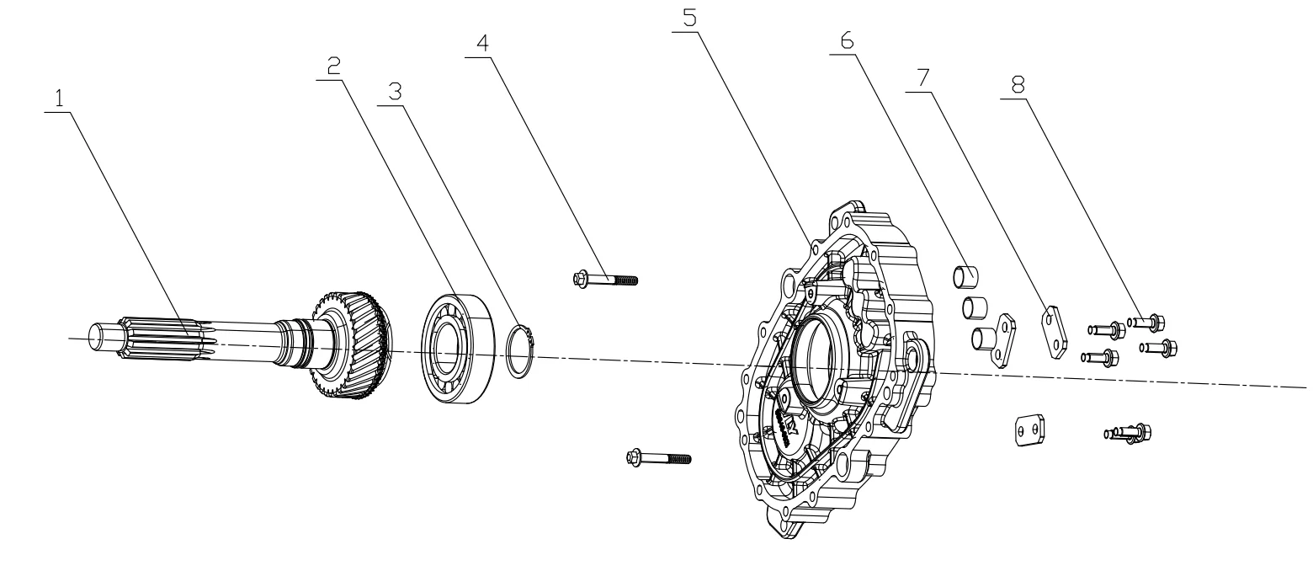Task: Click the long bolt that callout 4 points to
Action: tap(604, 278)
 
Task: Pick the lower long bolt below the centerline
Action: tap(658, 458)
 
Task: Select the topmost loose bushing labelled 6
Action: tap(965, 275)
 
